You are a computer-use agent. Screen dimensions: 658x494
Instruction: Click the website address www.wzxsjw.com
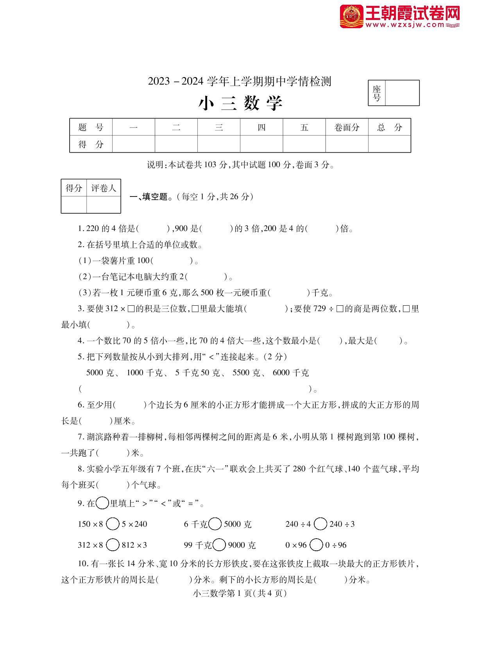pos(406,25)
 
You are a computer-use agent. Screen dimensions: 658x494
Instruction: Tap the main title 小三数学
pos(240,103)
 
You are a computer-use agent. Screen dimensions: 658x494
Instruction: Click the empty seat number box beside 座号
pos(402,93)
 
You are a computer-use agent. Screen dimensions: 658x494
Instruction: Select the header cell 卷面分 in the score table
pos(347,127)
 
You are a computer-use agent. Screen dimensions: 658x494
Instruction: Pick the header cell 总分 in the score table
pos(389,127)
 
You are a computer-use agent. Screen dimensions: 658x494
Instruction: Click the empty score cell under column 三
pos(218,144)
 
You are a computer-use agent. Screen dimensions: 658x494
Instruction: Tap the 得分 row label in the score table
pos(91,144)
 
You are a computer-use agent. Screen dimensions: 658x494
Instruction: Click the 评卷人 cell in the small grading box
pos(104,188)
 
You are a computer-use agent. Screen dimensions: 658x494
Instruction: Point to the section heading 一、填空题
pos(151,196)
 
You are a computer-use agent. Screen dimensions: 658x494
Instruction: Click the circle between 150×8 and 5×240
pos(113,524)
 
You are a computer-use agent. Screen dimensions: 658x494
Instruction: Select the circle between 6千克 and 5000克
pos(215,524)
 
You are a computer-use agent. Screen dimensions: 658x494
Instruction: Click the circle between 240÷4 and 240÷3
pos(320,524)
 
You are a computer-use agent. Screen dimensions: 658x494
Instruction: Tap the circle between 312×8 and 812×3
pos(113,544)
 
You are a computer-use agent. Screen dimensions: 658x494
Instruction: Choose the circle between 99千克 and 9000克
pos(219,544)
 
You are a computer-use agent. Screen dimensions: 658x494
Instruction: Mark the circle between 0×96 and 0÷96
pos(316,544)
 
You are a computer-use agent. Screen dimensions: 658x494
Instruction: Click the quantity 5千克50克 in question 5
pos(197,373)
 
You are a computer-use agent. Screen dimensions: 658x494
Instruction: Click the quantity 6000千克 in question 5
pos(290,373)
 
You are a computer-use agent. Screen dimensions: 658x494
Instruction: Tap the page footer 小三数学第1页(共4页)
pos(240,593)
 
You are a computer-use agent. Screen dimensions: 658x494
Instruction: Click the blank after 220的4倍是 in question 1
pos(154,229)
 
